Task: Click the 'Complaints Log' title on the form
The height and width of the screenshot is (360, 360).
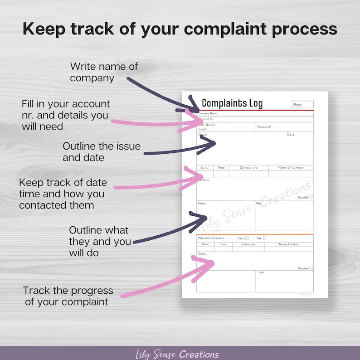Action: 232,103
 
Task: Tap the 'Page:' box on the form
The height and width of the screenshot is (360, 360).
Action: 303,104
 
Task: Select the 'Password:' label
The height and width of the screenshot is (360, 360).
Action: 263,127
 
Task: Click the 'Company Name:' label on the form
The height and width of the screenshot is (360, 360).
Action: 208,113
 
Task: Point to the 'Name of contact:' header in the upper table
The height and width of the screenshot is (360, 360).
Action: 291,168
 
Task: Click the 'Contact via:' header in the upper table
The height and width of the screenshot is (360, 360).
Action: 248,168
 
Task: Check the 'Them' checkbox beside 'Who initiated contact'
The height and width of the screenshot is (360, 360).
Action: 247,238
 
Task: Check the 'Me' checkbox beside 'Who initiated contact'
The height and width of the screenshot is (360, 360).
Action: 265,238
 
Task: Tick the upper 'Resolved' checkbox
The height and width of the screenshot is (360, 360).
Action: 311,197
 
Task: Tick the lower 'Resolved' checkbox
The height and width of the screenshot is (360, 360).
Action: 311,268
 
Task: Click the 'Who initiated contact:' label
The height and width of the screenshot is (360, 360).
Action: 211,238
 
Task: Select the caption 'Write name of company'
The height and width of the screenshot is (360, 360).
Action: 104,72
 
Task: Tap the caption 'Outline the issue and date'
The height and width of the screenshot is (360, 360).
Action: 102,152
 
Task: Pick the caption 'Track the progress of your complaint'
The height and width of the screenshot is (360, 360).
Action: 68,296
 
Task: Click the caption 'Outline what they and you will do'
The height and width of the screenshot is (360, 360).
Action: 100,241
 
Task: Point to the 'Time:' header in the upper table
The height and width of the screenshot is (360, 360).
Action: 221,168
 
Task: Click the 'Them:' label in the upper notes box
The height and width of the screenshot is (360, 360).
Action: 202,204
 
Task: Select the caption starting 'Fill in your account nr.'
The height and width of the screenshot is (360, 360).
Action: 66,115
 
